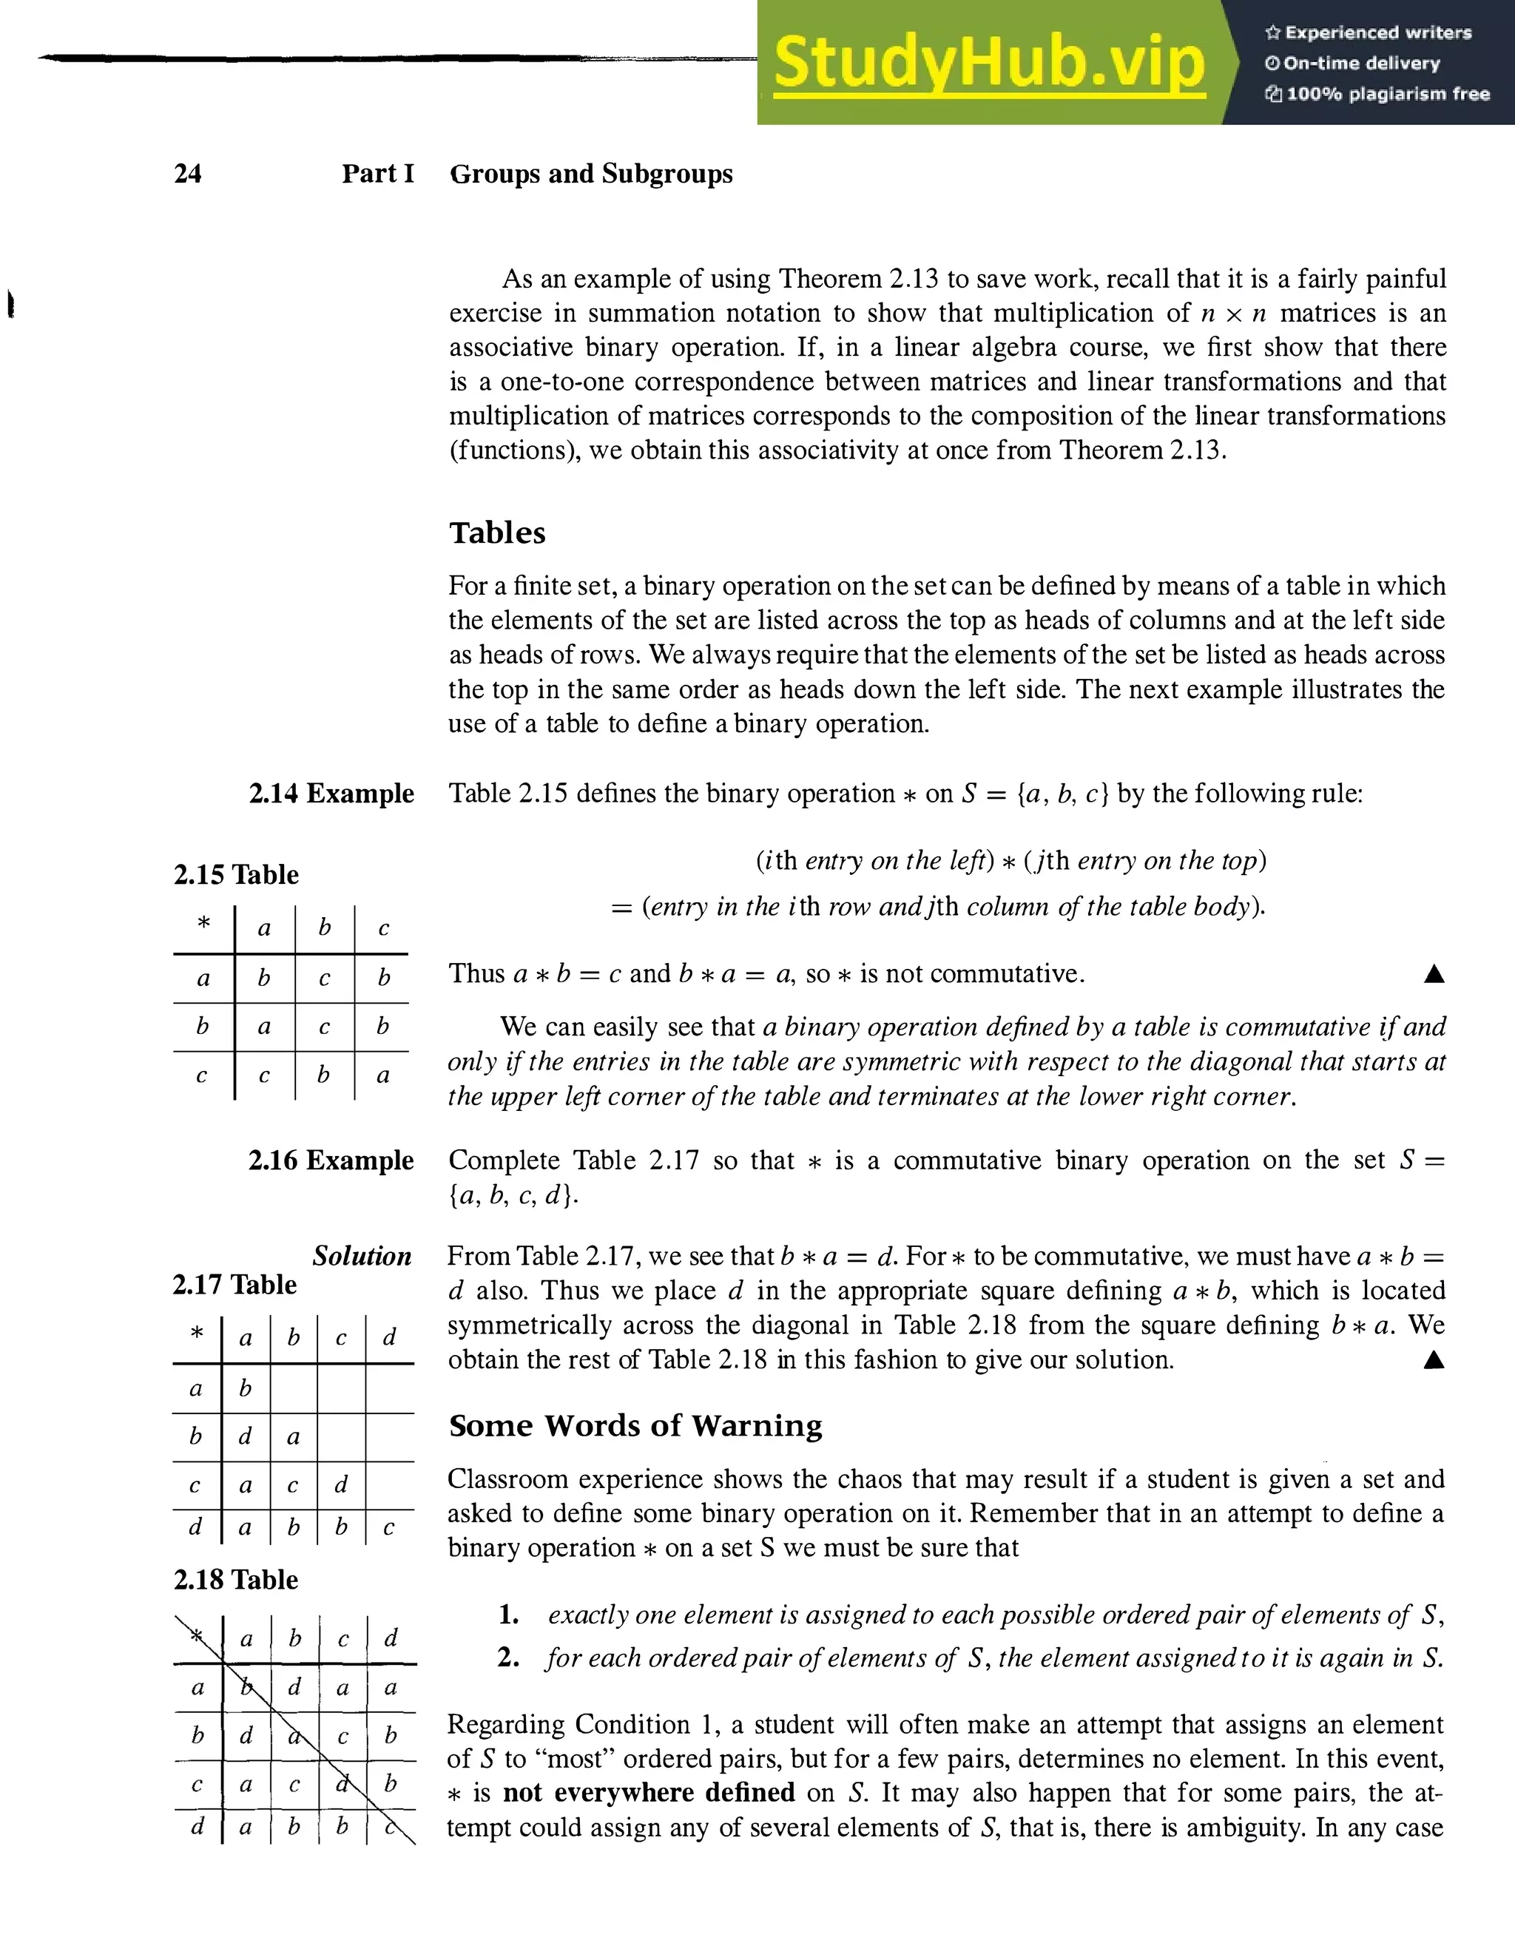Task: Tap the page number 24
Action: [188, 173]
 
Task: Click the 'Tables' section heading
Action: [497, 533]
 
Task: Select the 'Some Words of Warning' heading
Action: [635, 1425]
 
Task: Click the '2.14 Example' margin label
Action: [331, 794]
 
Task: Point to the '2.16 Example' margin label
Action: [331, 1160]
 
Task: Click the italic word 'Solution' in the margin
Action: [362, 1256]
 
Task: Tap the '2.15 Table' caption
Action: [236, 874]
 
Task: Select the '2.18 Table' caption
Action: [235, 1580]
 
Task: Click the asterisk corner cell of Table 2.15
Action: [203, 925]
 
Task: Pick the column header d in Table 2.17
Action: [388, 1338]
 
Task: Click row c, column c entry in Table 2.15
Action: [383, 1075]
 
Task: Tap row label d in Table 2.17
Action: [195, 1527]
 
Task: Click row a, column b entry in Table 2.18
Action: [294, 1687]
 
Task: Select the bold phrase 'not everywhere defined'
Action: [648, 1793]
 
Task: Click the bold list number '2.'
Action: [508, 1657]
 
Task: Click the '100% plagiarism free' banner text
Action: [1387, 94]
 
